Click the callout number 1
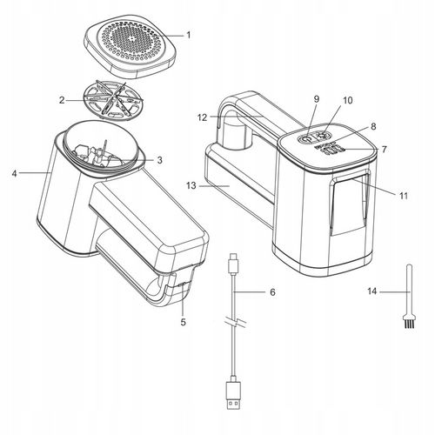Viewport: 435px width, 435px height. [189, 35]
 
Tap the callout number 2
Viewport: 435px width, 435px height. [62, 100]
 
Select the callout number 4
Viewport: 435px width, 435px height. [15, 173]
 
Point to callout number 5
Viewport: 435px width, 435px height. [183, 322]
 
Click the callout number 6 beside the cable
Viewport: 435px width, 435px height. [272, 292]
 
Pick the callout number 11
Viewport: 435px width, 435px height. [404, 196]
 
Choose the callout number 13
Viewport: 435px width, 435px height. [191, 185]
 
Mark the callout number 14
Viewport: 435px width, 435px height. [372, 291]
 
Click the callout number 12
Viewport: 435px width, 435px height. [203, 117]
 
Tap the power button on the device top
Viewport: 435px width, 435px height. [305, 139]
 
